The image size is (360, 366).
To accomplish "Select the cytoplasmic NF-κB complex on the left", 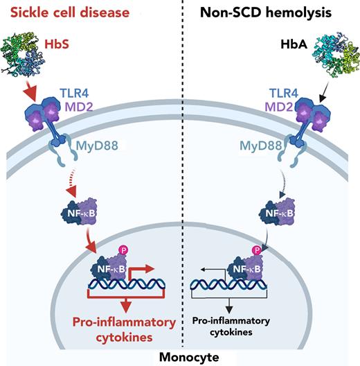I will click(x=83, y=208).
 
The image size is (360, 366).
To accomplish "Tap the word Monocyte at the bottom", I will click(x=180, y=356).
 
